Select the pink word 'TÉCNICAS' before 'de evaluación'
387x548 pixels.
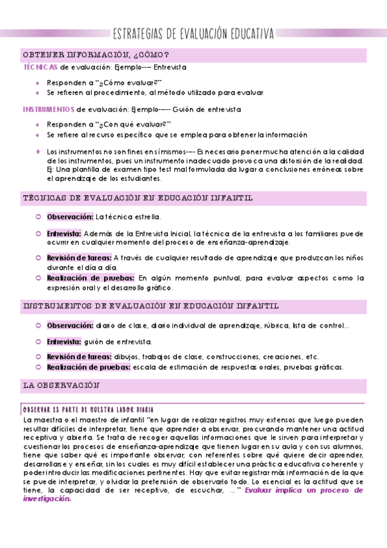click(x=40, y=67)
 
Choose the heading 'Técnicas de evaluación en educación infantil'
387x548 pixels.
click(x=138, y=198)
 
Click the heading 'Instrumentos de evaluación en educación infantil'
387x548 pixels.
click(x=151, y=305)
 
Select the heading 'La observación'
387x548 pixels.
click(x=62, y=385)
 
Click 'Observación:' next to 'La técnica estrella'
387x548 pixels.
click(x=70, y=217)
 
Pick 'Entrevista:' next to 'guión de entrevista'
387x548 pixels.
click(x=63, y=341)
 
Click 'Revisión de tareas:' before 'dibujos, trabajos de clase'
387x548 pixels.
click(x=79, y=357)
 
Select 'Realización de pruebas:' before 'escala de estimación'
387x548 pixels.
click(x=88, y=367)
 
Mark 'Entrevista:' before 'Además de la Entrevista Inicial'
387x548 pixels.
click(x=63, y=233)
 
